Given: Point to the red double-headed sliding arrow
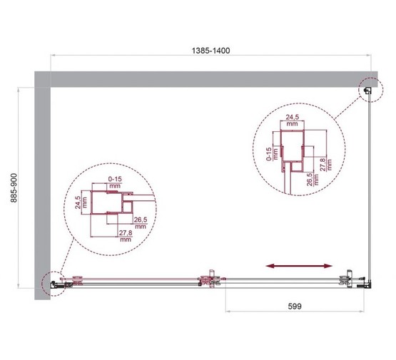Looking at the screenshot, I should [298, 265].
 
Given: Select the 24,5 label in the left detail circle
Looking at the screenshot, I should [75, 206].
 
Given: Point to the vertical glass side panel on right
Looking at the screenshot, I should [368, 185].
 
